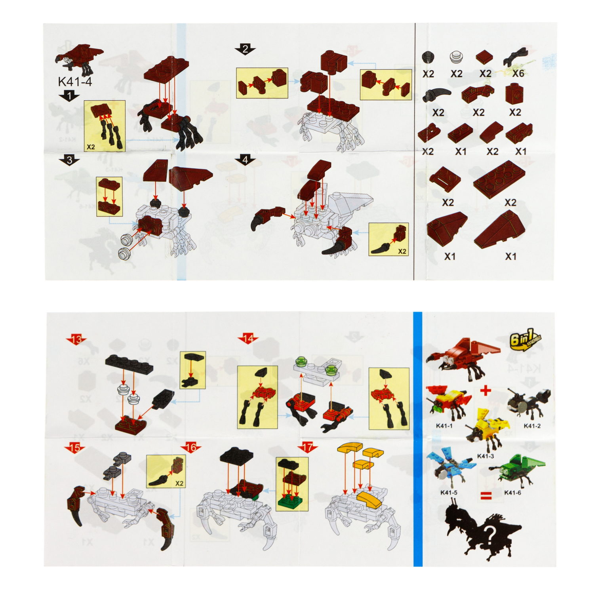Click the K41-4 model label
click(75, 82)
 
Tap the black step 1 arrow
click(69, 96)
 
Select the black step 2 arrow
click(245, 49)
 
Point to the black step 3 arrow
click(69, 160)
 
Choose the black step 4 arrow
click(245, 160)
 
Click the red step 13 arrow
click(76, 339)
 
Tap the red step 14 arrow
click(248, 339)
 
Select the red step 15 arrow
click(74, 448)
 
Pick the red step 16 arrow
click(190, 448)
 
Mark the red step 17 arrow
click(307, 448)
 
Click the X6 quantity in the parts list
click(518, 73)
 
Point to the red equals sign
click(486, 495)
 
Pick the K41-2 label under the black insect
click(532, 426)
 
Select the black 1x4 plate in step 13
click(129, 364)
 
